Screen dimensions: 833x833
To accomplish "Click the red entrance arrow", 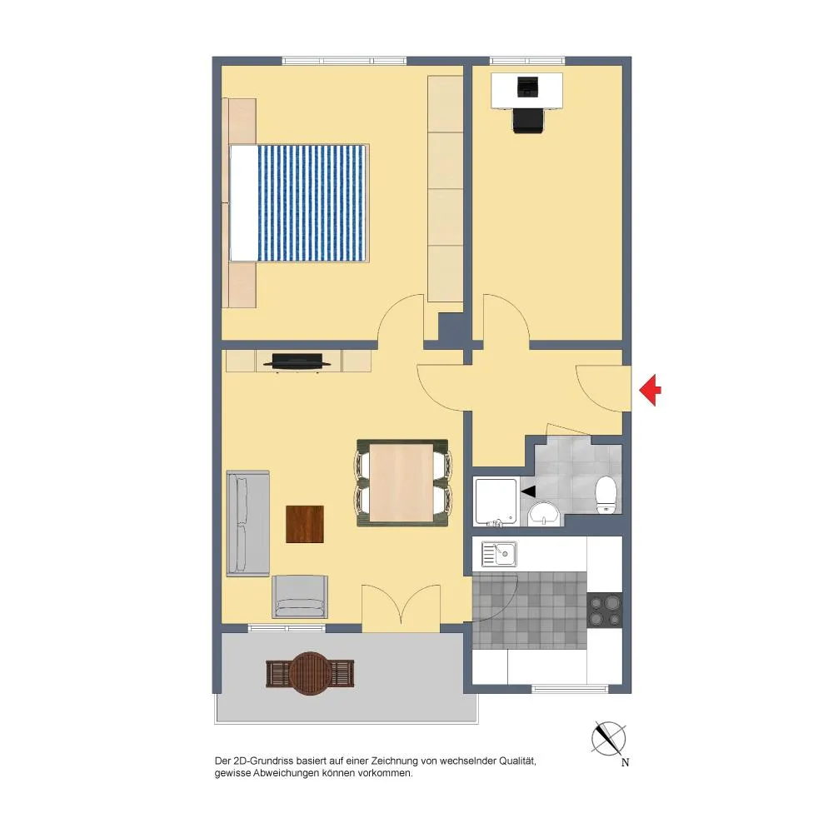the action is [x=651, y=390].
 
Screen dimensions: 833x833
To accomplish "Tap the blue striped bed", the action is [x=299, y=203].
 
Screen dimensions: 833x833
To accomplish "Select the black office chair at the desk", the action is [x=529, y=121].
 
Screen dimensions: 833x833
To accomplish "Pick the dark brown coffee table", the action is [x=305, y=524].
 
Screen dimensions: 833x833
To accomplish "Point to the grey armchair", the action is [x=300, y=596].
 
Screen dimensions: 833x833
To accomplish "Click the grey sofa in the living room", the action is [x=247, y=523].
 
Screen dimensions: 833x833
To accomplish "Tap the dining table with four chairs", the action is [x=402, y=483].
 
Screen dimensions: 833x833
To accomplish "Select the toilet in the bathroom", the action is [x=606, y=495].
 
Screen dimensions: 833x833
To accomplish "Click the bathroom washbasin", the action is [x=542, y=514].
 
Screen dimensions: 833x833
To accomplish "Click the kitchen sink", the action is [x=499, y=555].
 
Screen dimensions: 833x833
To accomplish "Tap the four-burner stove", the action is [x=605, y=611].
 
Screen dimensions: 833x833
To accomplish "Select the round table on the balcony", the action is [x=310, y=674].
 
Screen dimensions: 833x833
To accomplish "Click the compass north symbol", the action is [x=608, y=738].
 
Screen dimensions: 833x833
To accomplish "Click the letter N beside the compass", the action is [x=626, y=762].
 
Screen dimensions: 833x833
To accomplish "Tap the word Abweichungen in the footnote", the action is [x=285, y=774].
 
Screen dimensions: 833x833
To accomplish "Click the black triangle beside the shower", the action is [x=528, y=492].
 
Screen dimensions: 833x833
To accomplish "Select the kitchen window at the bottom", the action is [x=569, y=690].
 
